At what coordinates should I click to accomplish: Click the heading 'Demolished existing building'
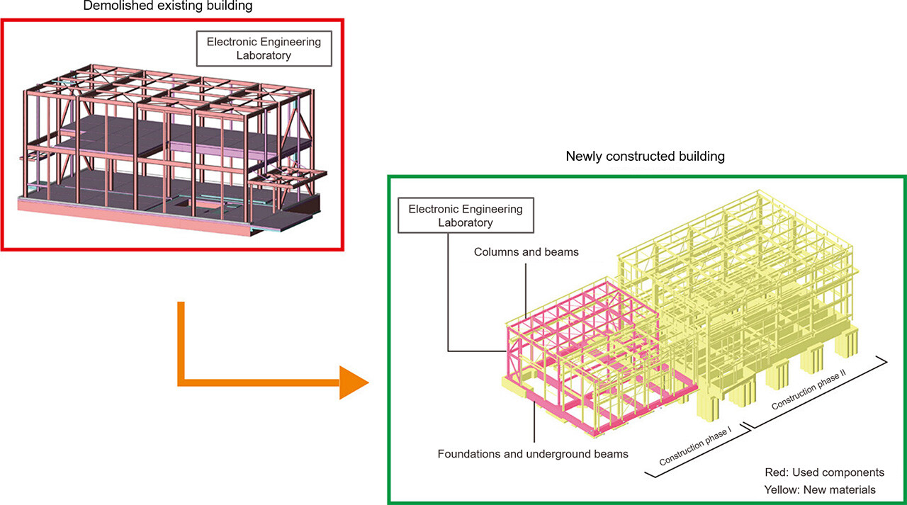tap(167, 6)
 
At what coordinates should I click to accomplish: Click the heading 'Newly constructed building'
tap(645, 156)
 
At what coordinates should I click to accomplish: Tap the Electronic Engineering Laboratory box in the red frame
tap(264, 48)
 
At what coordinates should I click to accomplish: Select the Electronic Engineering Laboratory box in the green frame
tap(466, 215)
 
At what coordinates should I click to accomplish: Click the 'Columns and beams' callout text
tap(526, 251)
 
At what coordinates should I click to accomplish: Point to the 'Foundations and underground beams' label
tap(533, 453)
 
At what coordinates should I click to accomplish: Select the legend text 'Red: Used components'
tap(824, 472)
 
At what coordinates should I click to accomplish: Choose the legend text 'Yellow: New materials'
tap(820, 489)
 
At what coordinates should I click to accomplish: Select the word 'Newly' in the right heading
tap(582, 156)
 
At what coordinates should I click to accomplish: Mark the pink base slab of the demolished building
tap(135, 213)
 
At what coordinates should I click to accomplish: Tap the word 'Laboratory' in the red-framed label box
tap(264, 55)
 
